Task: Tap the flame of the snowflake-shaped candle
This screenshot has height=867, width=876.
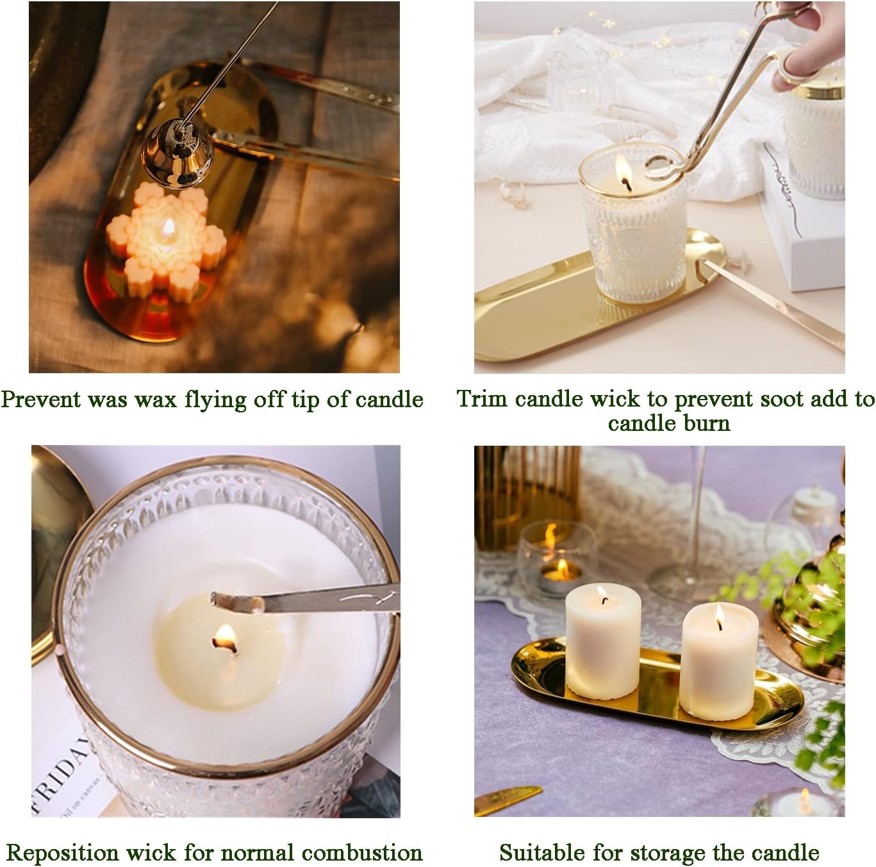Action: pyautogui.click(x=169, y=226)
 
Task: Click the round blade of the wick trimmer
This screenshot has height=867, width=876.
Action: pyautogui.click(x=660, y=169)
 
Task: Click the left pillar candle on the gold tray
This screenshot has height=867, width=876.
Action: pyautogui.click(x=602, y=644)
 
